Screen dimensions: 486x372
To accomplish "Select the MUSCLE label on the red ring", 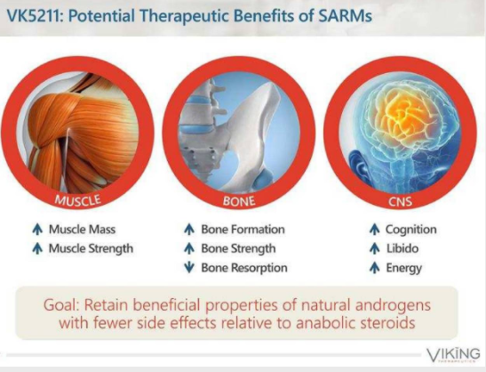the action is coord(78,200).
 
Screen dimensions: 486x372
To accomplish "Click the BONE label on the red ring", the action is coord(239,201).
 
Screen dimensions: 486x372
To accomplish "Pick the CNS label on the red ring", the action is coord(400,202).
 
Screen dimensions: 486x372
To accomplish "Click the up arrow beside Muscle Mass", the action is coord(37,230).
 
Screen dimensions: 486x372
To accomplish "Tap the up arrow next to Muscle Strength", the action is coord(37,248).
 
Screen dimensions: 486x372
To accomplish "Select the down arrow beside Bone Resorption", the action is coord(189,268).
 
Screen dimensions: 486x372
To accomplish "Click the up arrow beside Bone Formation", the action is coord(189,230).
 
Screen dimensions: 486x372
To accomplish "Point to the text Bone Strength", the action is coord(238,248).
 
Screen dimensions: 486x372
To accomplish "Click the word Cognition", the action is coord(411,230).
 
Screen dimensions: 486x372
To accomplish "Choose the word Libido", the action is coord(402,248).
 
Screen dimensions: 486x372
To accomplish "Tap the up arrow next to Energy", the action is coord(375,268).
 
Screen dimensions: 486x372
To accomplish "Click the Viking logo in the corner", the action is coord(453,354).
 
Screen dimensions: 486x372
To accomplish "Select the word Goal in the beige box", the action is coord(60,305).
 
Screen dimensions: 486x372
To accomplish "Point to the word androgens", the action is coord(393,305).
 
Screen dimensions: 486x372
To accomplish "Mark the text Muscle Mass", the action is coord(82,230).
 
